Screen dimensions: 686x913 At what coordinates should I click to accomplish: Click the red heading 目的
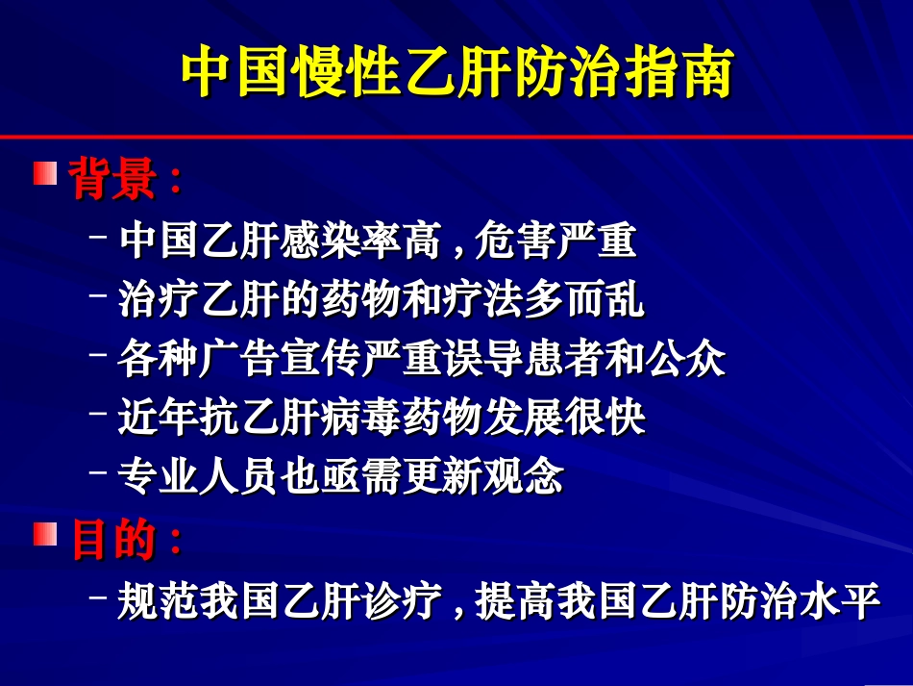coord(112,540)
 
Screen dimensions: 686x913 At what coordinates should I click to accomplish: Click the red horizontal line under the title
coord(456,137)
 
